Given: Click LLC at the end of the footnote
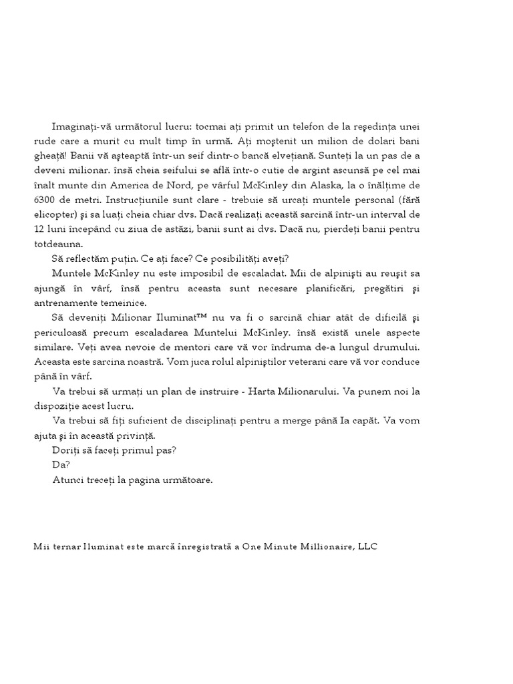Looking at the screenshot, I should tap(368, 546).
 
